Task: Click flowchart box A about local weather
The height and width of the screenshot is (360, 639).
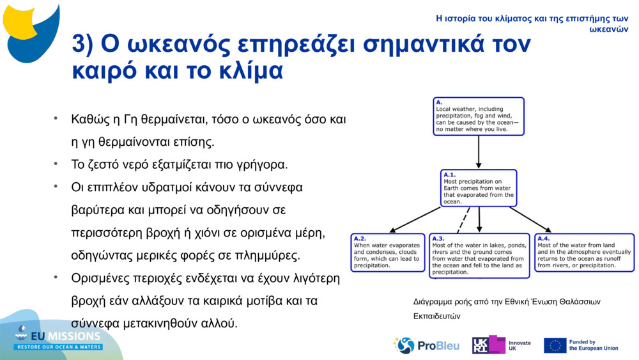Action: coord(478,116)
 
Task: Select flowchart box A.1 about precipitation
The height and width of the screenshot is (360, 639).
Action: coord(479,188)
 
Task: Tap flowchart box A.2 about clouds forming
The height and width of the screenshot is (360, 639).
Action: coord(388,253)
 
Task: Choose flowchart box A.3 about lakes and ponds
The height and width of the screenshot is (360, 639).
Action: coord(479,256)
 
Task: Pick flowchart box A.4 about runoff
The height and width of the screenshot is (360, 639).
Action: coord(584,253)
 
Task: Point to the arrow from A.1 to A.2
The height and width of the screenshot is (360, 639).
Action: coord(415,219)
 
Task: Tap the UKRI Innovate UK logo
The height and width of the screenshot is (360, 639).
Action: coord(501,345)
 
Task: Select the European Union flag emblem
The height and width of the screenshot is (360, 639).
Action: coord(555,345)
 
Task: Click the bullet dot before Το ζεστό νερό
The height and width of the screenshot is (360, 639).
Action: coord(56,164)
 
